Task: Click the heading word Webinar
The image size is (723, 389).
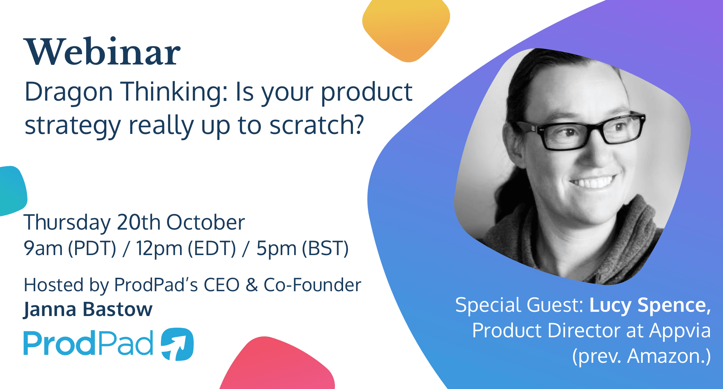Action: coord(102,52)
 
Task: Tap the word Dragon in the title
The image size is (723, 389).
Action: coord(68,92)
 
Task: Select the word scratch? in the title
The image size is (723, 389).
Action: coord(316,125)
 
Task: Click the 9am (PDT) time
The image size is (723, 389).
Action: coord(70,248)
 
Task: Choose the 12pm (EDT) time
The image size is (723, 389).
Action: coord(186,248)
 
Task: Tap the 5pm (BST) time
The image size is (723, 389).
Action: coord(302,248)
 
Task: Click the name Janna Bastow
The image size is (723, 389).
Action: coord(88,309)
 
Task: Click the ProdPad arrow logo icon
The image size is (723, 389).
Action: coord(177,344)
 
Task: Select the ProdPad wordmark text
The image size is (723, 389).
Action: coord(88,343)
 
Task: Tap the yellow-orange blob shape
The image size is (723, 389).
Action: coord(406,28)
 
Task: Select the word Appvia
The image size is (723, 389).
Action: coord(679,331)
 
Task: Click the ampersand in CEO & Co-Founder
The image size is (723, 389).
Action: coord(252,285)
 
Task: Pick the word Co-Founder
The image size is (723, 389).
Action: coord(312,285)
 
